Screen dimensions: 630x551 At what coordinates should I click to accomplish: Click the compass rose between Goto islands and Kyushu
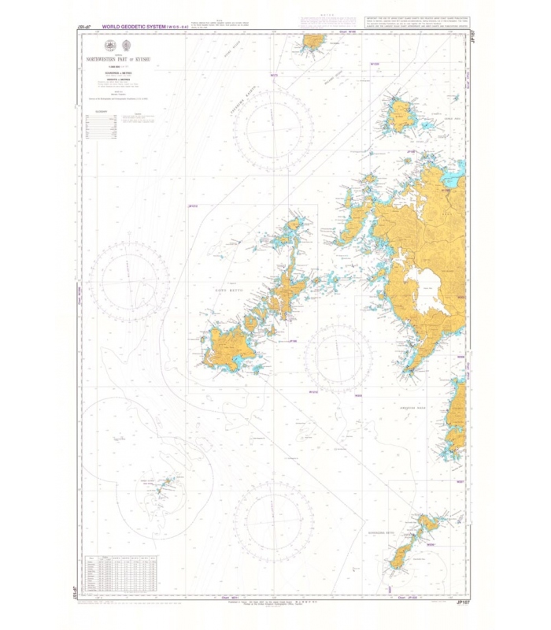[338, 358]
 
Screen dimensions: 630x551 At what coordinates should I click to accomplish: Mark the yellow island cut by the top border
[314, 40]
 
